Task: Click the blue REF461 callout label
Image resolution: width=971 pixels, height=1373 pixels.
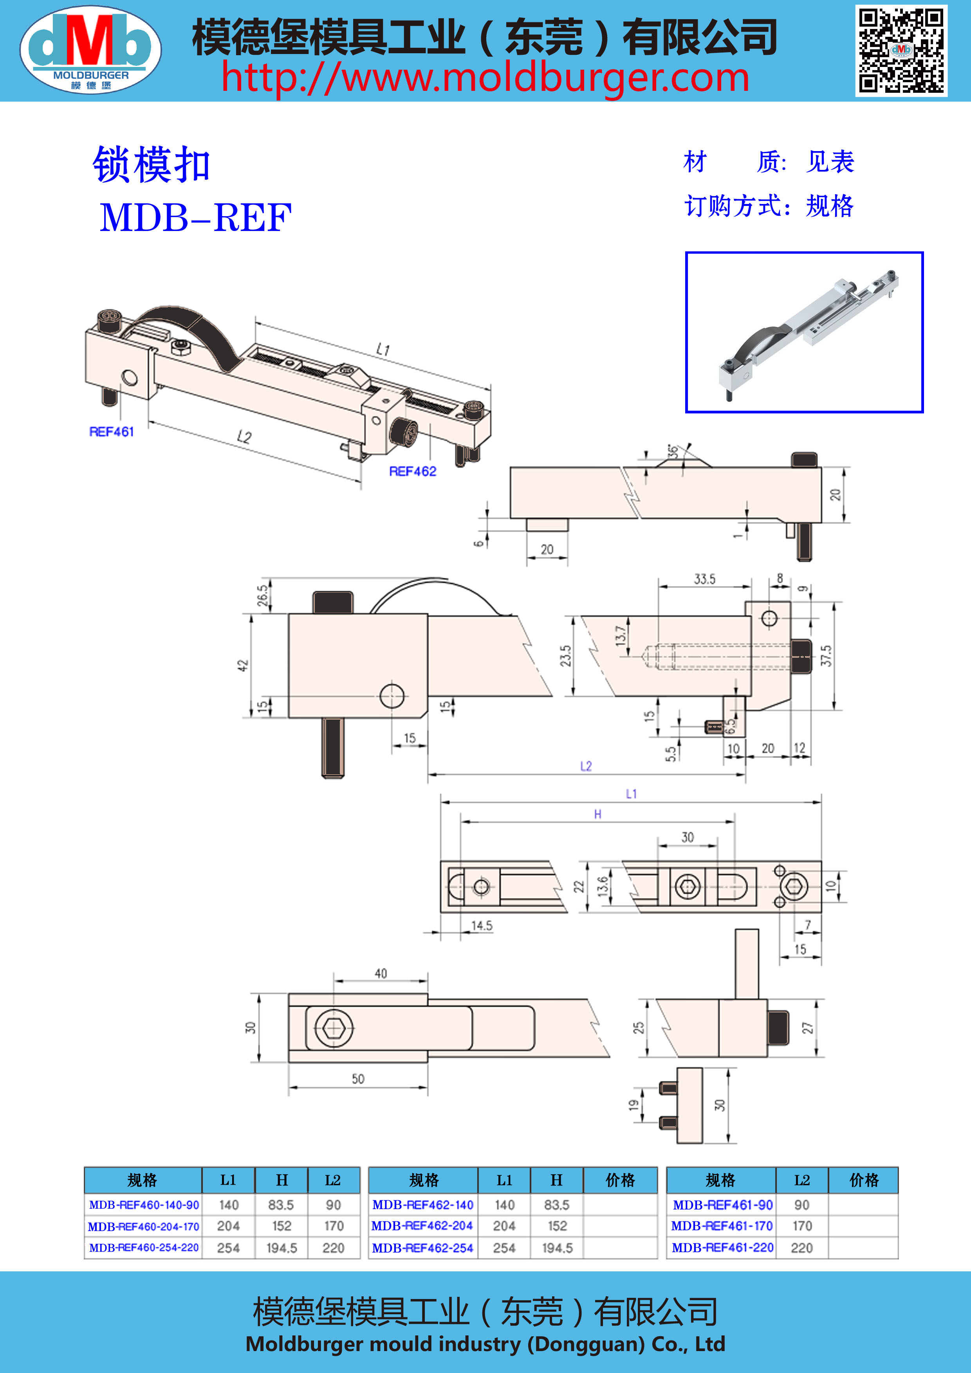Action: click(111, 432)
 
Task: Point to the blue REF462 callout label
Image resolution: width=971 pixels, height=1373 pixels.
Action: click(413, 471)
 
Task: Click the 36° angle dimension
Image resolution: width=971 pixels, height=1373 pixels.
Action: click(674, 451)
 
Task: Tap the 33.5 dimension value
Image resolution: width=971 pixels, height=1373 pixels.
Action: click(704, 579)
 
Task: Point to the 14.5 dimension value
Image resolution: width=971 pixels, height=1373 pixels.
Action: click(481, 926)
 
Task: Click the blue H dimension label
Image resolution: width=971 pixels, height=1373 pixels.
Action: click(597, 814)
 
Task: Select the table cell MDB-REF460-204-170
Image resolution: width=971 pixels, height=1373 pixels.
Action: click(144, 1227)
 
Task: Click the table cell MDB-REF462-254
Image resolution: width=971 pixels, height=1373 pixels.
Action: click(423, 1248)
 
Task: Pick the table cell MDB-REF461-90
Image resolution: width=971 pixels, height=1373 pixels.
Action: click(722, 1205)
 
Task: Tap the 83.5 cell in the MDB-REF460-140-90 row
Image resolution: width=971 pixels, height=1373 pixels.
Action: click(281, 1205)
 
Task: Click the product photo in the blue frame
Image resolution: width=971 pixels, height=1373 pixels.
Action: click(804, 332)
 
